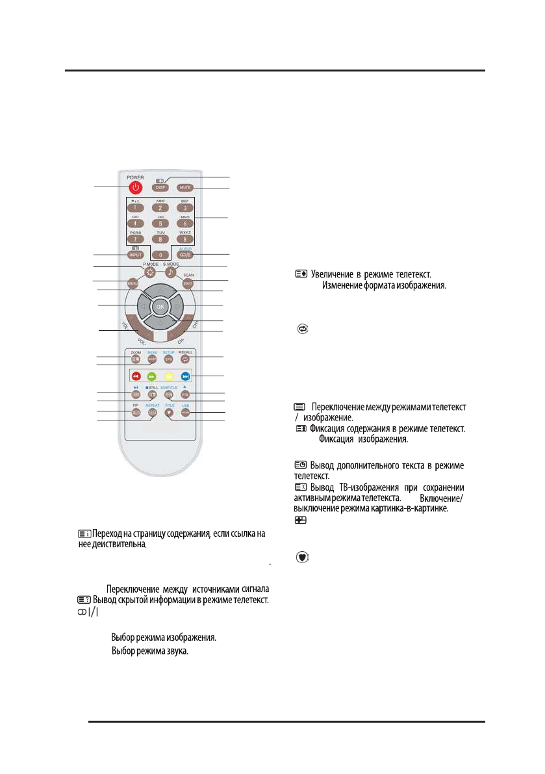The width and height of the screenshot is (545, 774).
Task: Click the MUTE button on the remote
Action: (185, 188)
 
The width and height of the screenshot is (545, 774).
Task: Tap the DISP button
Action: (160, 188)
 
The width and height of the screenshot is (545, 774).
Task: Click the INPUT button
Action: (136, 255)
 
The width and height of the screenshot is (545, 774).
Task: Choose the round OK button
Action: (160, 305)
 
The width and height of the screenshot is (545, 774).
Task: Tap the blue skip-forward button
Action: (186, 376)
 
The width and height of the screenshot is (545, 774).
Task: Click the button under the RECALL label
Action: (185, 358)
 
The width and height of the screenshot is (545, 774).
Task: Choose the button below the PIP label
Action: (136, 412)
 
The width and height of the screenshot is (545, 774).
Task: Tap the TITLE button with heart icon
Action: (169, 412)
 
